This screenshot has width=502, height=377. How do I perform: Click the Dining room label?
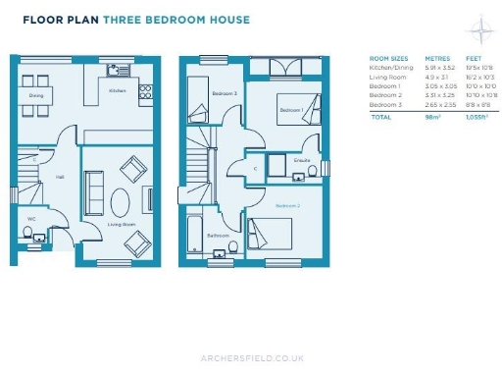[x=35, y=96]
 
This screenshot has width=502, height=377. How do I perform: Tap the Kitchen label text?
[x=118, y=90]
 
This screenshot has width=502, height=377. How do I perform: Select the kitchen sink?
[x=116, y=69]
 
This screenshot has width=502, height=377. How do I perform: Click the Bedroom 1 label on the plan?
[x=290, y=111]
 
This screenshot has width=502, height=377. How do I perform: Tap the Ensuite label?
[x=302, y=157]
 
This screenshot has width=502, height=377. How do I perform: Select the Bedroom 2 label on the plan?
[x=287, y=206]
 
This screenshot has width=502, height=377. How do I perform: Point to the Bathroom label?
[x=219, y=236]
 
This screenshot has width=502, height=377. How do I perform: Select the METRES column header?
[x=437, y=59]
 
